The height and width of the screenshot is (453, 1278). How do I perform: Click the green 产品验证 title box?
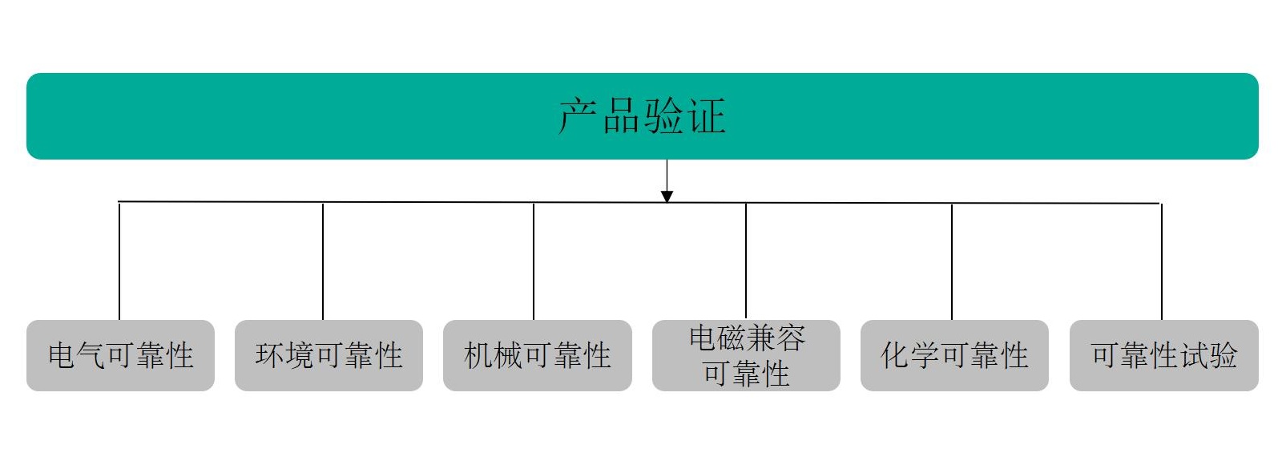643,116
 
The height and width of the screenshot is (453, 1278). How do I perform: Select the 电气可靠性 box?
120,355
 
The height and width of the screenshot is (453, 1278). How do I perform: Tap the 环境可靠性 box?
329,355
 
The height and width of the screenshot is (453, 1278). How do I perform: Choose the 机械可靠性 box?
538,355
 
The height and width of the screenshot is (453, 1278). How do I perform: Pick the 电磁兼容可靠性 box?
746,355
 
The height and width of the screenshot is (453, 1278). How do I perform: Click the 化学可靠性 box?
954,355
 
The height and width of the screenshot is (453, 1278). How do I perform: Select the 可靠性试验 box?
1164,355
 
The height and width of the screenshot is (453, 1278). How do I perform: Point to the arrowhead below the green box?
667,196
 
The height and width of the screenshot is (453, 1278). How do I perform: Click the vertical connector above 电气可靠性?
119,261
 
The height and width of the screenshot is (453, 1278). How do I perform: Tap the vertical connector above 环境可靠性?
323,261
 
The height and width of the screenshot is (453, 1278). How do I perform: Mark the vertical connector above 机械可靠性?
534,261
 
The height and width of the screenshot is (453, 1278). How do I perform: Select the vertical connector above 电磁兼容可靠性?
746,261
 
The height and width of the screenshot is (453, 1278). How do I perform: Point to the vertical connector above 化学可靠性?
952,261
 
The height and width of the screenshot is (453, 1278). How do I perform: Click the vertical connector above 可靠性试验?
1162,261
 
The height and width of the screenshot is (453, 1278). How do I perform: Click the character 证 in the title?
707,116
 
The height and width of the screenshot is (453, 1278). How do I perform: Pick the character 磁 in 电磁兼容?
732,338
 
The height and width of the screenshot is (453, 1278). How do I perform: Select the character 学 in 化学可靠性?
925,355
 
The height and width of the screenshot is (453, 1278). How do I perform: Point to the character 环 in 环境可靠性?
270,355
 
